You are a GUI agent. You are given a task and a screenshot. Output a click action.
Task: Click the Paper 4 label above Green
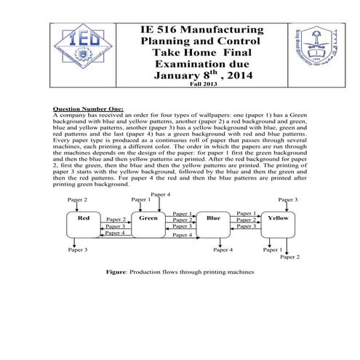coord(160,194)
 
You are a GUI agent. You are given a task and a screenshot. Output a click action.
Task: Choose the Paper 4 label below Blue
coord(223,249)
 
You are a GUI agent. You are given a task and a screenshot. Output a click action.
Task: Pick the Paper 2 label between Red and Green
coord(116,219)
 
